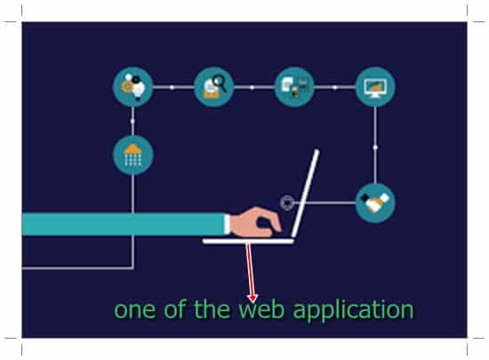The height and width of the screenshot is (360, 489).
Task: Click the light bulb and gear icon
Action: (133, 86)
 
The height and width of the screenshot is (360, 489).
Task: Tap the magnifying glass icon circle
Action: (214, 86)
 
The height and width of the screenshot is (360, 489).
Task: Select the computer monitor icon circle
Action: (375, 86)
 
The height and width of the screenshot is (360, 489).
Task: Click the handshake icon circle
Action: (375, 203)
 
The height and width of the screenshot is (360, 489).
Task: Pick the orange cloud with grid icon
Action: (133, 155)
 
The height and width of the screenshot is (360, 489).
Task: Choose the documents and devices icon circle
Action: (294, 86)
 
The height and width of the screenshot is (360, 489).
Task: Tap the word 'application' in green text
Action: (353, 311)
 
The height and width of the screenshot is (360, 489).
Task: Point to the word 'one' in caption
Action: (135, 310)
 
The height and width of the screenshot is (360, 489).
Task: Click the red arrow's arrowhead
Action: (252, 298)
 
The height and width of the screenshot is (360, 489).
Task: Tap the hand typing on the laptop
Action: (255, 222)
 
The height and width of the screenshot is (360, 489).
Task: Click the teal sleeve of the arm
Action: (124, 224)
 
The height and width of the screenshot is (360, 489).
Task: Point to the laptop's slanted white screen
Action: (305, 194)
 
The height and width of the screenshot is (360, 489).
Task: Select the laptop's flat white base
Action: (248, 241)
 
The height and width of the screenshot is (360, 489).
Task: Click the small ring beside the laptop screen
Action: (286, 203)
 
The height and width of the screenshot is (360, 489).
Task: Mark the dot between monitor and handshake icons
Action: (375, 147)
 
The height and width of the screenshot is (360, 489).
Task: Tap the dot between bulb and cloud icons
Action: (132, 121)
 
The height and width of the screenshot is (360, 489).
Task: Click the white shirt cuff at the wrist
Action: (228, 224)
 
